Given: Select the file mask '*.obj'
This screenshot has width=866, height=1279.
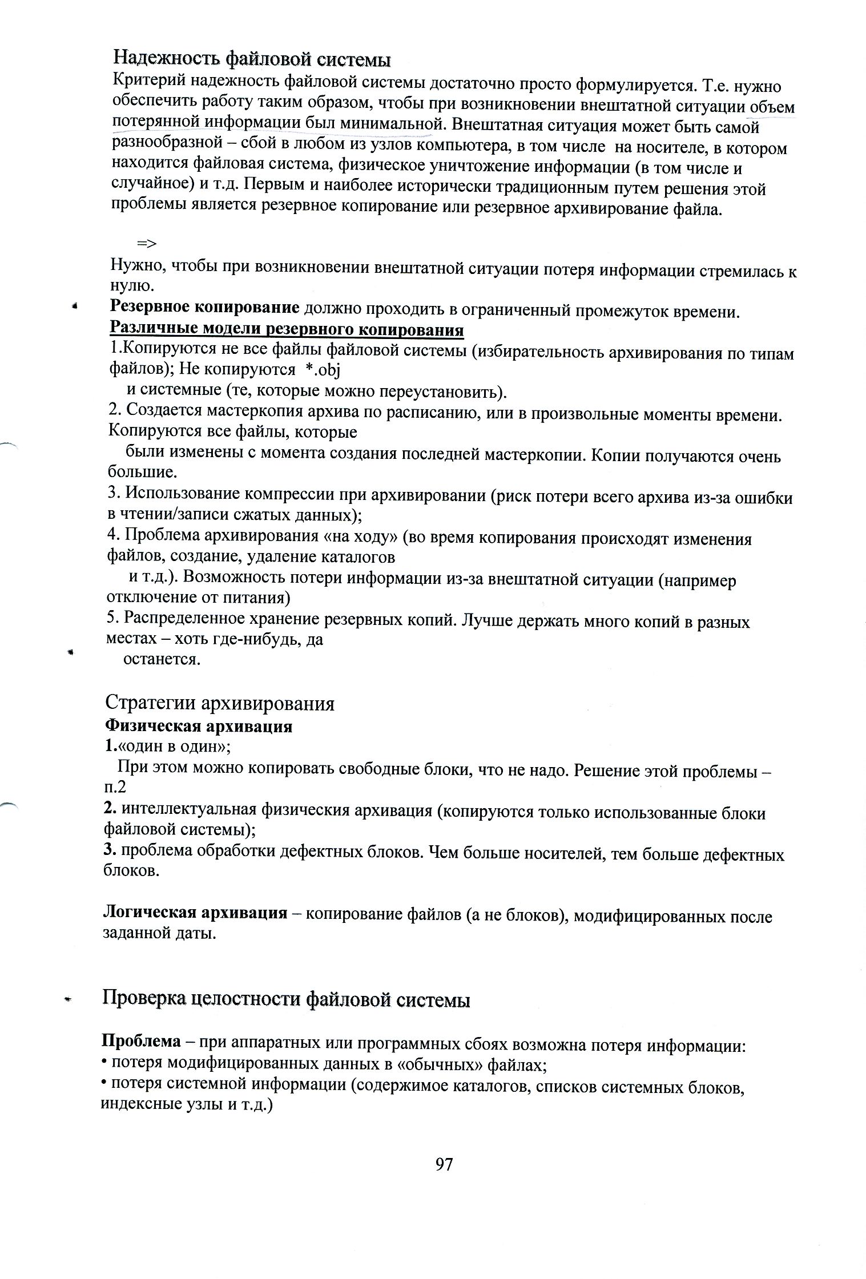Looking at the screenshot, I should pyautogui.click(x=323, y=370).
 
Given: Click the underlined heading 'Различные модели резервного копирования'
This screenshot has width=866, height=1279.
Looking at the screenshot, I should pyautogui.click(x=286, y=330).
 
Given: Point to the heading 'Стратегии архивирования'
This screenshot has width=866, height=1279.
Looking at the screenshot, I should pyautogui.click(x=220, y=703).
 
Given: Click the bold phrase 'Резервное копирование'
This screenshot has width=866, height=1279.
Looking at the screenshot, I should pyautogui.click(x=204, y=308).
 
